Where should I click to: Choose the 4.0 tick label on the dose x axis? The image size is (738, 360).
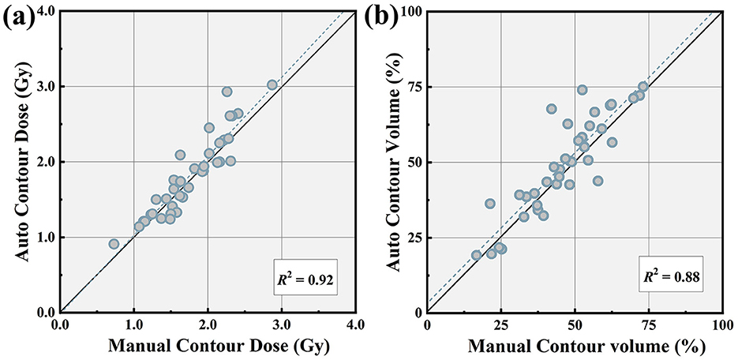point(355,323)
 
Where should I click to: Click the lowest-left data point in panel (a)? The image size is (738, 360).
point(114,244)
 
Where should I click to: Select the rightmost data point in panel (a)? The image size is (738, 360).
point(272,84)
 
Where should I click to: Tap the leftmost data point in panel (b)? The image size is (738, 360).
point(476,255)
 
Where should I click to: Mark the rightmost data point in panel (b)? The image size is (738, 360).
point(642,86)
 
